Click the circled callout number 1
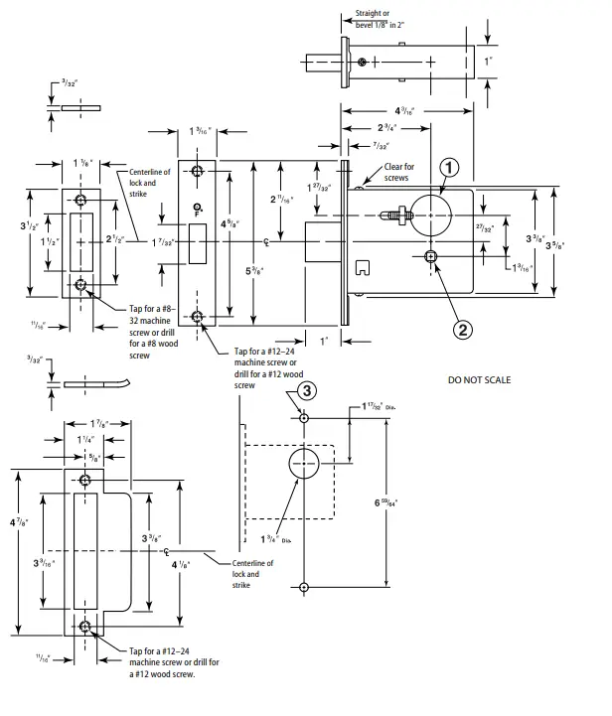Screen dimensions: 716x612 click(x=448, y=168)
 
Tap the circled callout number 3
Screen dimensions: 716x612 click(x=307, y=390)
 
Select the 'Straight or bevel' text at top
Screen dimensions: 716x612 click(x=381, y=19)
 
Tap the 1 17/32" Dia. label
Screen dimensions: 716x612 click(x=380, y=408)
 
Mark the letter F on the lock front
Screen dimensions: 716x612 click(x=199, y=213)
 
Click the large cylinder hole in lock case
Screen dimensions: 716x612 click(x=430, y=211)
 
